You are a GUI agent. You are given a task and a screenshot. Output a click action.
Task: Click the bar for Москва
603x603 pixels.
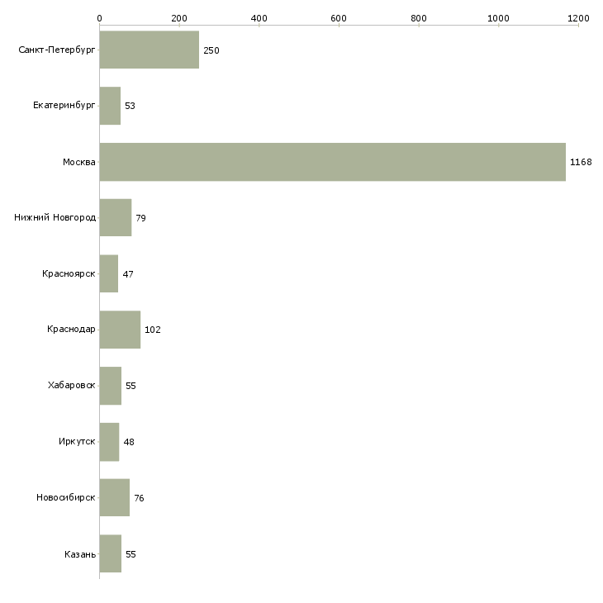[332, 162]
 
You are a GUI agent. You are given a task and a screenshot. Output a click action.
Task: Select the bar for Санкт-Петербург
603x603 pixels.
[149, 50]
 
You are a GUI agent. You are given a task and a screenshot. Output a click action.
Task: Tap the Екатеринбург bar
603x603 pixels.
[110, 106]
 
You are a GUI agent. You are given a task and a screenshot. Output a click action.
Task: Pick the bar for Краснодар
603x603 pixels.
[120, 330]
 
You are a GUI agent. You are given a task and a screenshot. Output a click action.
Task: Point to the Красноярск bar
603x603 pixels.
[108, 273]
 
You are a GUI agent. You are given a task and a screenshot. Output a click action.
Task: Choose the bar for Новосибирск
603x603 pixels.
[114, 497]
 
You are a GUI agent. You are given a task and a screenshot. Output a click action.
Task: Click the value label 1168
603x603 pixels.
[581, 162]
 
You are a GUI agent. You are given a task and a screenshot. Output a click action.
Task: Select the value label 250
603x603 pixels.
[211, 50]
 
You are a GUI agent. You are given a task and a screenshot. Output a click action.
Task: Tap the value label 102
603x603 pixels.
[153, 330]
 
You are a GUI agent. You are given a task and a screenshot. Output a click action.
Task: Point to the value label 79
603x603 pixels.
[141, 218]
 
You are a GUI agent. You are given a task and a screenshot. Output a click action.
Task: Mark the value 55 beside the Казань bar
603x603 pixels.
[131, 553]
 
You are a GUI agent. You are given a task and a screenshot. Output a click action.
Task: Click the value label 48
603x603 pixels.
[129, 442]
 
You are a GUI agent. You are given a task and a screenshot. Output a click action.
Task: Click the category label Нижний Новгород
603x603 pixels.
[55, 218]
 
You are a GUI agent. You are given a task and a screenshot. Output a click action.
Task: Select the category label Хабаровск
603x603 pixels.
[72, 386]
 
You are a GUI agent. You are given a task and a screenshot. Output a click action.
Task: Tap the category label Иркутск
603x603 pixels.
[77, 442]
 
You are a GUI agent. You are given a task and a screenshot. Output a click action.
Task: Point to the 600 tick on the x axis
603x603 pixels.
[339, 17]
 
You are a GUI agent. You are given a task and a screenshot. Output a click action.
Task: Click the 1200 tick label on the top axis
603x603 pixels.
[578, 17]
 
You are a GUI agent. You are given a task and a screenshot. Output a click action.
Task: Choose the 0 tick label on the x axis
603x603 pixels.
[99, 17]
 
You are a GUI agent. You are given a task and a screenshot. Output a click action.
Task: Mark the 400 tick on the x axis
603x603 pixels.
[259, 17]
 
